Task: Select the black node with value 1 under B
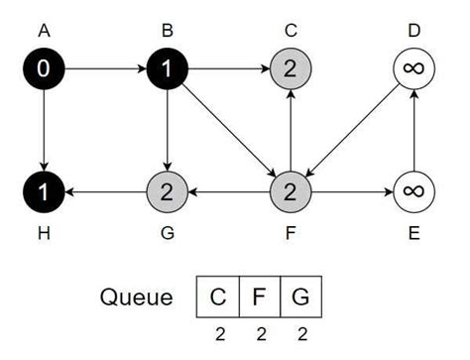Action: click(168, 69)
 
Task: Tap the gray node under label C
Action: click(290, 69)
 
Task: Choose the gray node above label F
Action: click(290, 188)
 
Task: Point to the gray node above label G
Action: click(168, 188)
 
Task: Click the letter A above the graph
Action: click(44, 31)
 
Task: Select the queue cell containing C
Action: click(217, 297)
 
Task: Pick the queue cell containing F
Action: click(260, 297)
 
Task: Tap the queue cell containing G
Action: click(301, 297)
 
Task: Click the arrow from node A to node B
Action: click(105, 69)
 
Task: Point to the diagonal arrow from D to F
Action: click(351, 129)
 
